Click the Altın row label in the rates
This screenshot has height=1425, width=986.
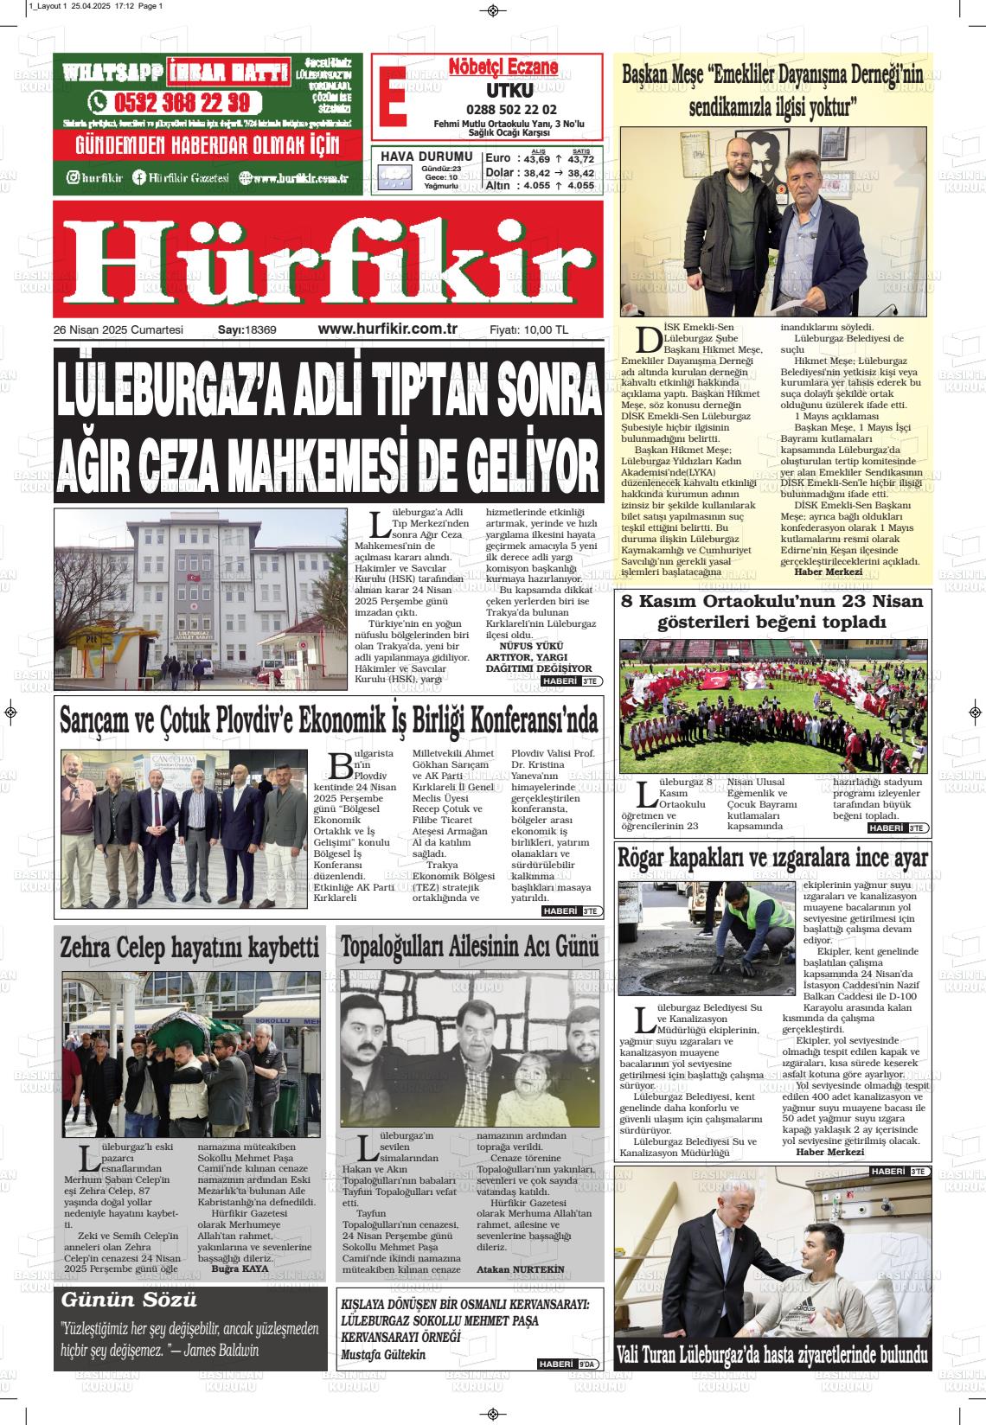[x=498, y=185]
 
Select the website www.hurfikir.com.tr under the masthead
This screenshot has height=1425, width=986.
[x=387, y=329]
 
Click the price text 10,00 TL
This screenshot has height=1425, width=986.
[x=545, y=330]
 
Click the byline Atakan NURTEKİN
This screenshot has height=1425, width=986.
[x=520, y=1269]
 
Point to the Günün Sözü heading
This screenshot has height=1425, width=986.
[x=129, y=1300]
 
